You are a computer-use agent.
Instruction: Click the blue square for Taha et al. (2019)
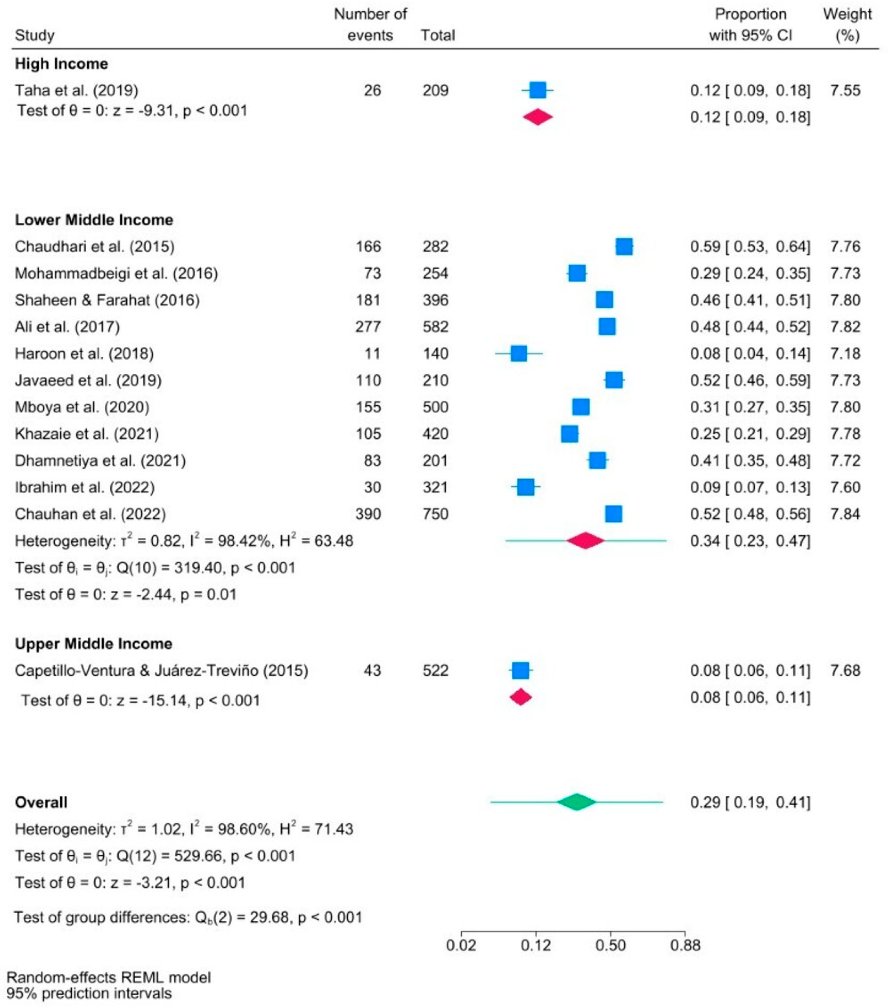click(x=538, y=90)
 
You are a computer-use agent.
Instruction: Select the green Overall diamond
click(x=576, y=802)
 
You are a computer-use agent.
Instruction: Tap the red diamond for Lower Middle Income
click(x=585, y=541)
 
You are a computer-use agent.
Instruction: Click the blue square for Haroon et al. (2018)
click(x=519, y=354)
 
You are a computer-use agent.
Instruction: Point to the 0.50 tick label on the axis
click(x=610, y=946)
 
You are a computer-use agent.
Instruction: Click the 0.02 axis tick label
click(x=461, y=946)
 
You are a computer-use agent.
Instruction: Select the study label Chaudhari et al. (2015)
click(x=95, y=246)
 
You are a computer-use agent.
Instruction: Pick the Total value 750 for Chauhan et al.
click(x=435, y=514)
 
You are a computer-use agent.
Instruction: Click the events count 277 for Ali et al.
click(x=368, y=327)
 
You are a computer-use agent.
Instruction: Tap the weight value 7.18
click(x=845, y=354)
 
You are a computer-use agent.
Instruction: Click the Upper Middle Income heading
click(x=94, y=644)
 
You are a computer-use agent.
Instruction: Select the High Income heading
click(x=62, y=64)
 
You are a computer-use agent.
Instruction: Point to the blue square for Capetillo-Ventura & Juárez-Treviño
click(x=520, y=671)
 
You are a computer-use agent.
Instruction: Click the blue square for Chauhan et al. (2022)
click(x=613, y=514)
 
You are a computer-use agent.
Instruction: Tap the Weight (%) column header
click(x=847, y=25)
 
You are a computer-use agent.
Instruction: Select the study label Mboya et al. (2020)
click(x=83, y=407)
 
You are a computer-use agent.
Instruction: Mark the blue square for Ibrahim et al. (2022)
click(x=526, y=488)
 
